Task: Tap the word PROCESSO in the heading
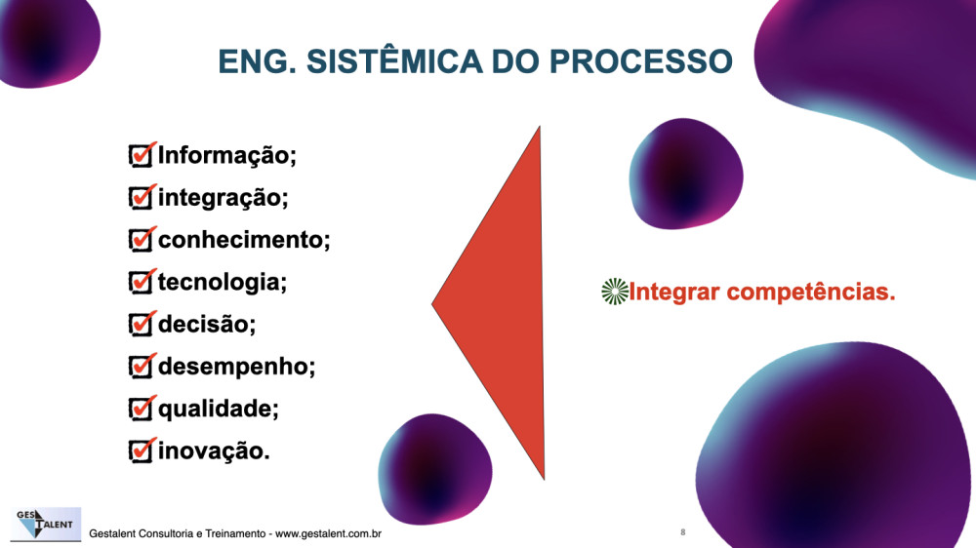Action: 640,61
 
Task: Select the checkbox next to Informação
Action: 142,155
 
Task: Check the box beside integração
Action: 142,197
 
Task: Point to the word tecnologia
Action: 219,283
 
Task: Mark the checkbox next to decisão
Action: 142,324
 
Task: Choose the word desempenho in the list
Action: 233,367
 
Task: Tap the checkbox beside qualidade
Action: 142,409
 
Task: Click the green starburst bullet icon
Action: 615,292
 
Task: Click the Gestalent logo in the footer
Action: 46,524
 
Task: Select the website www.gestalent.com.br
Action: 328,533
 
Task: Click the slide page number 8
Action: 683,531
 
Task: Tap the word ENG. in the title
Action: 257,61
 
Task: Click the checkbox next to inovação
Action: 142,450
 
